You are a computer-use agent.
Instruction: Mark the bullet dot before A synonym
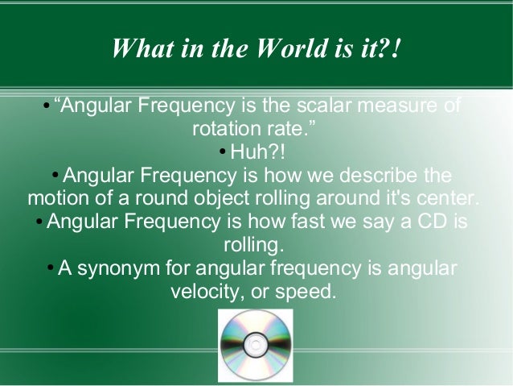pyautogui.click(x=50, y=268)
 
